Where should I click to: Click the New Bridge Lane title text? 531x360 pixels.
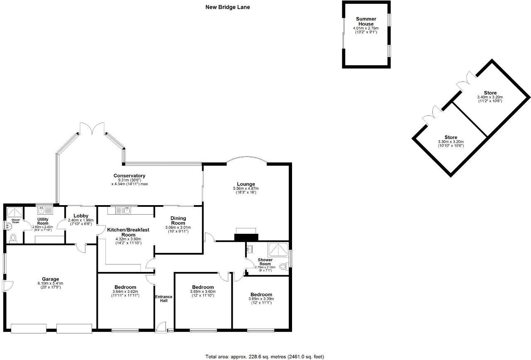click(x=228, y=7)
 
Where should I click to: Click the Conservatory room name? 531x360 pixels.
click(x=129, y=176)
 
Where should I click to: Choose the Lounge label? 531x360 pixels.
click(x=246, y=184)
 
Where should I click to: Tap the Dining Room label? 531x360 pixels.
click(x=178, y=220)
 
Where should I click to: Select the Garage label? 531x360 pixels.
click(x=50, y=279)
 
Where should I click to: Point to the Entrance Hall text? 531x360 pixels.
click(x=161, y=299)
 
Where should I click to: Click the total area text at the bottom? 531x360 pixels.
click(x=265, y=356)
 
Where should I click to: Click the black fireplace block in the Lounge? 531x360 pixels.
click(x=246, y=237)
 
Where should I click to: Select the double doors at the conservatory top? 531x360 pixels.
click(x=92, y=128)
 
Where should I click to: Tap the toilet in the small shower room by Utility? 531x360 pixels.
click(x=13, y=238)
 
